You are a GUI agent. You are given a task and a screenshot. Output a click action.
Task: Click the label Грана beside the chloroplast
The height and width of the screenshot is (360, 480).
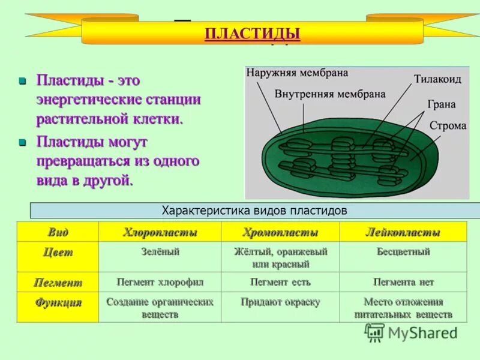pos(441,104)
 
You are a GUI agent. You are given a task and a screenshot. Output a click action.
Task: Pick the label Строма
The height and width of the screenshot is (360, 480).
pos(448,126)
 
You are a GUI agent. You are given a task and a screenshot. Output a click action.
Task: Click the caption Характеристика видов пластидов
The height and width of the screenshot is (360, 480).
pos(255,211)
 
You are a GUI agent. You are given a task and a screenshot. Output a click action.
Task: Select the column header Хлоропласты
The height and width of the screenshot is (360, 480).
pos(160,232)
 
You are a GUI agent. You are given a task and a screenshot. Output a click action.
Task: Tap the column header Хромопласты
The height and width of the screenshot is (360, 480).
pos(280,232)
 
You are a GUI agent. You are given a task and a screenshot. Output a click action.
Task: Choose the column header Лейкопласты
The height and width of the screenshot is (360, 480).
pos(403,232)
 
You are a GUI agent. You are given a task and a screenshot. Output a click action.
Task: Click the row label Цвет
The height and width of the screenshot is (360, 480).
pos(58,253)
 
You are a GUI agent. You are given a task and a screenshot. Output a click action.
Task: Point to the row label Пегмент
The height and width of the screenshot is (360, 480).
pos(58,282)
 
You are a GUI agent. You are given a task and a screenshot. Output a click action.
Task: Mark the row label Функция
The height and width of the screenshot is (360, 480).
pos(58,302)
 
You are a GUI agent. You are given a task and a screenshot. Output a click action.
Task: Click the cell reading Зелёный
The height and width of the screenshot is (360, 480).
pos(160,252)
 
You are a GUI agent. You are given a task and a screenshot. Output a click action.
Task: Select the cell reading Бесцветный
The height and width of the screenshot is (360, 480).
pos(403,252)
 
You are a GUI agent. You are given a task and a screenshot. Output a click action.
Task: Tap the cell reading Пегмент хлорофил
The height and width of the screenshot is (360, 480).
pos(160,281)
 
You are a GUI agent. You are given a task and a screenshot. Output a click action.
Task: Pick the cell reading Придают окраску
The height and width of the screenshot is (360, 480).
pos(280,302)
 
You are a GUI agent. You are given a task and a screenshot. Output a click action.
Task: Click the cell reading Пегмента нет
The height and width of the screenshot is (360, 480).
pos(403,281)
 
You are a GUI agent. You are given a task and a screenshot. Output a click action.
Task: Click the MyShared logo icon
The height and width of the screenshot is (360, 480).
pos(375,332)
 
